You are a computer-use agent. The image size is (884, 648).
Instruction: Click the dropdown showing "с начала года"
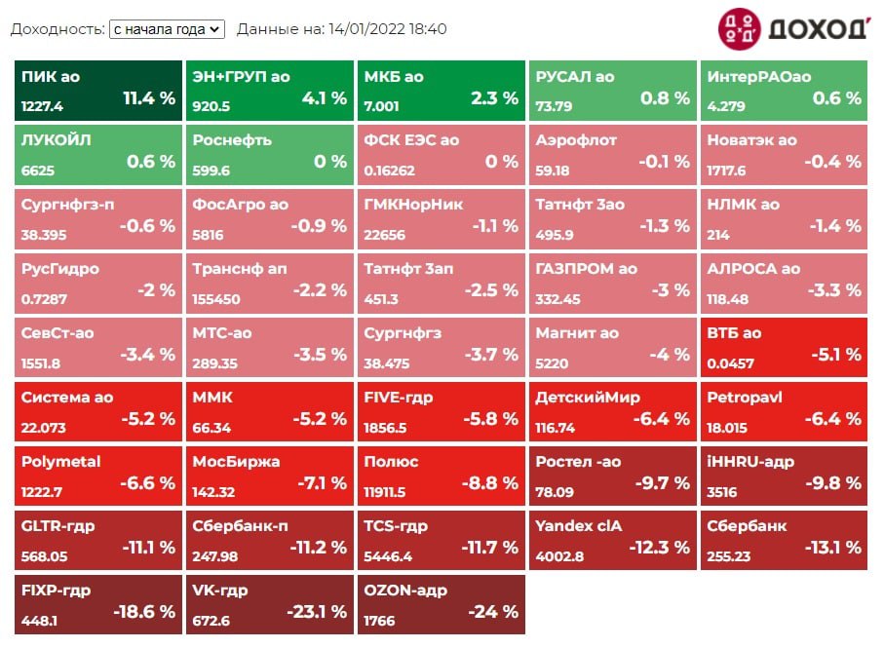tap(167, 29)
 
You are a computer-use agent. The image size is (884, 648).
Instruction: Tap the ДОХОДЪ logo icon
tap(739, 29)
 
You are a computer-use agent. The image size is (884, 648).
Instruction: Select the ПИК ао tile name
tap(51, 76)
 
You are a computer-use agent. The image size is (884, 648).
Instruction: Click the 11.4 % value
tap(149, 98)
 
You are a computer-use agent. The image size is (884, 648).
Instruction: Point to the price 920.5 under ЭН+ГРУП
tap(211, 107)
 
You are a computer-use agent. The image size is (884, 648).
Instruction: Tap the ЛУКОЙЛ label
tap(56, 140)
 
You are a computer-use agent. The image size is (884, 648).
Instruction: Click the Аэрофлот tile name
tap(576, 140)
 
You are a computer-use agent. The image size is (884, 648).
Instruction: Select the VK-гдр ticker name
tap(220, 591)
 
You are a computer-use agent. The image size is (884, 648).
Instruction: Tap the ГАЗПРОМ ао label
tap(586, 269)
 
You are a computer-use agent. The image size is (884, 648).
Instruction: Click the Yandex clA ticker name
tap(578, 526)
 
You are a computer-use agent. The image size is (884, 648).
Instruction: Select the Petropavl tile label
tap(745, 398)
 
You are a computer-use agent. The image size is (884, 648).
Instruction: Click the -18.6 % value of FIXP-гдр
tap(145, 613)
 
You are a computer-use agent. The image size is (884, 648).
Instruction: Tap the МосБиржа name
tap(236, 462)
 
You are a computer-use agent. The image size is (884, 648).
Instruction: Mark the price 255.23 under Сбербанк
tap(729, 556)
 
